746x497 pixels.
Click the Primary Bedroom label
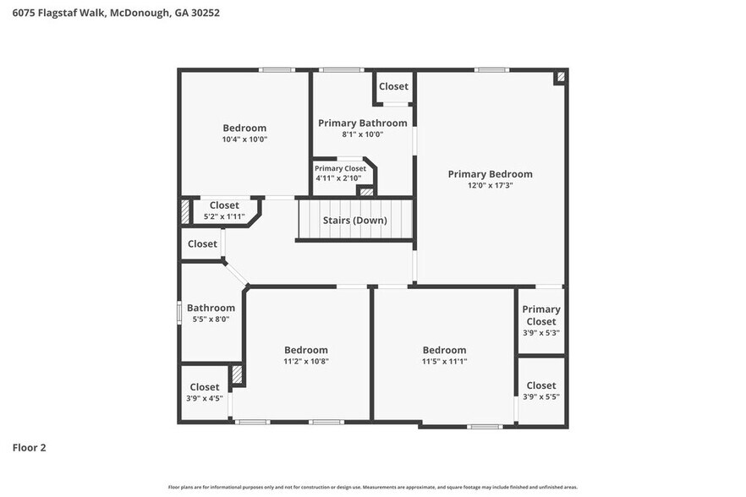(x=490, y=174)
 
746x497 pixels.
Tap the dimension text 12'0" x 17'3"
(x=490, y=185)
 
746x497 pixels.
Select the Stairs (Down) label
(x=354, y=221)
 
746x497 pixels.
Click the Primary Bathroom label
(x=362, y=123)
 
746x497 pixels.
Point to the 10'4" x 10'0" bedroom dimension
(x=244, y=139)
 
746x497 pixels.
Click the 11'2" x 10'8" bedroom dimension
(x=305, y=361)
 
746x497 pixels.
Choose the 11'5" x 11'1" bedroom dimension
(x=444, y=361)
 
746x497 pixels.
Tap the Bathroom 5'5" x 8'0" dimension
(x=211, y=319)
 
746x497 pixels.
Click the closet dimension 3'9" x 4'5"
(x=204, y=398)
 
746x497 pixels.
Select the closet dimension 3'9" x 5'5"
(x=540, y=396)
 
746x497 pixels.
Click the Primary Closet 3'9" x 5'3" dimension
(x=540, y=332)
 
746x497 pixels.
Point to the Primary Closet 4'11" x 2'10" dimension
(x=338, y=178)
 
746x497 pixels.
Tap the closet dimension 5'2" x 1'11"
(x=224, y=217)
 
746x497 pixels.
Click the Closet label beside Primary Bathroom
(x=393, y=86)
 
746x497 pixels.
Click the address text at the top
(x=111, y=14)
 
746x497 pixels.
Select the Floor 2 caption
(x=29, y=447)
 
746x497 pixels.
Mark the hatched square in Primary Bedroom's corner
(x=559, y=77)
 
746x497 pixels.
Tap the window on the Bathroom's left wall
(x=179, y=312)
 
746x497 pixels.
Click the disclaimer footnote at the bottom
(x=373, y=487)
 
